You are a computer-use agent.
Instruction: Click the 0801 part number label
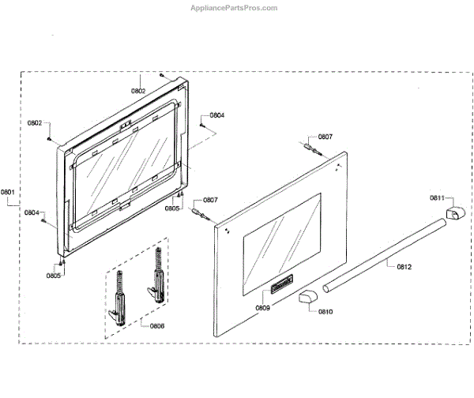[x=8, y=191]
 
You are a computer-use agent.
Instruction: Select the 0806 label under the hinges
[x=156, y=325]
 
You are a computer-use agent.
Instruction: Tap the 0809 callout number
[x=263, y=307]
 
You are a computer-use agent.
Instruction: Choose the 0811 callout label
[x=437, y=197]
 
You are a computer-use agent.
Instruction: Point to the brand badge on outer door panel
[x=282, y=283]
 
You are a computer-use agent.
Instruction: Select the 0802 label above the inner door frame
[x=138, y=91]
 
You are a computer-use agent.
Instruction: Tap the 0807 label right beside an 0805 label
[x=211, y=201]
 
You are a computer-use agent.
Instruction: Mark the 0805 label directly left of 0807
[x=172, y=208]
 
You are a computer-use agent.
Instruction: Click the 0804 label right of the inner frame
[x=216, y=115]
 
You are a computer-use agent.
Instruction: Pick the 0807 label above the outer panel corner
[x=325, y=137]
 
